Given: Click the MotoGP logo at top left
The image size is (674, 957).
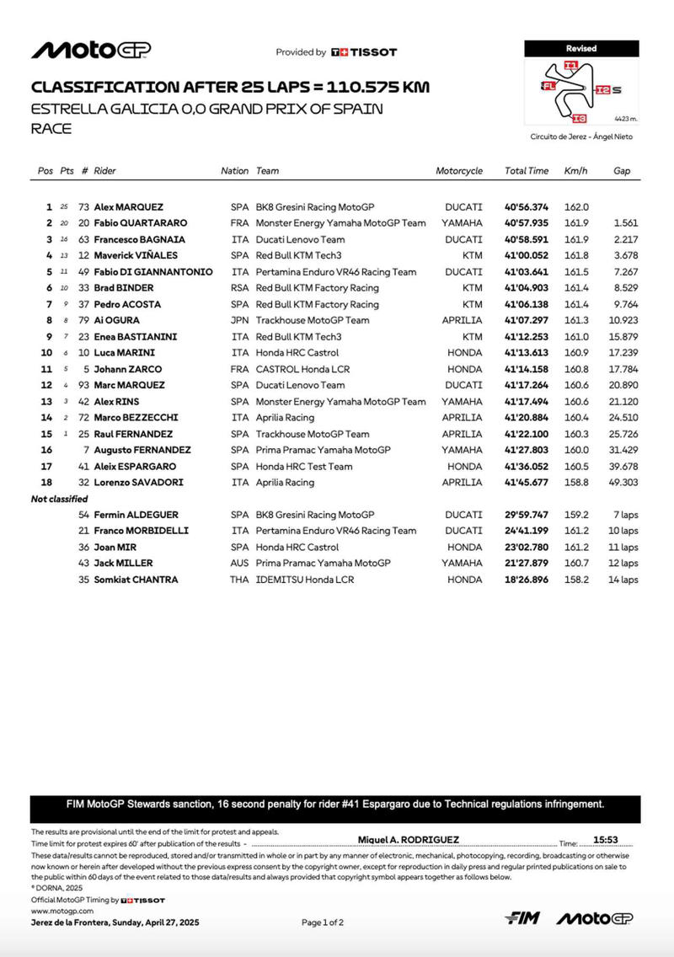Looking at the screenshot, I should [x=91, y=51].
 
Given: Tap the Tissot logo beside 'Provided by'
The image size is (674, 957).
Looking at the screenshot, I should [x=363, y=52].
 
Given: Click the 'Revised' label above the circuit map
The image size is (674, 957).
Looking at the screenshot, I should [x=581, y=49].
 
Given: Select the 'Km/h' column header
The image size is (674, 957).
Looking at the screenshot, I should [x=575, y=171].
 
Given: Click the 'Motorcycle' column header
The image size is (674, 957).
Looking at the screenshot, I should [x=459, y=171].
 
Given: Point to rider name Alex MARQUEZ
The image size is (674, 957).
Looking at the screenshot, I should [x=129, y=207].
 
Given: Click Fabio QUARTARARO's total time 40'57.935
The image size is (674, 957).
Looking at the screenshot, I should [x=527, y=223].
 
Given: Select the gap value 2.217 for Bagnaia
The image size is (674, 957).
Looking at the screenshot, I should [x=626, y=239].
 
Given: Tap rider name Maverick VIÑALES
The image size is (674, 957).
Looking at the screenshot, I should [x=131, y=255].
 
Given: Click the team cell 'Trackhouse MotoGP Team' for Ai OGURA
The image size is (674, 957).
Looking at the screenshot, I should [x=313, y=320].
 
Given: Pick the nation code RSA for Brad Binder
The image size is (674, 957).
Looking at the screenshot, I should [x=239, y=288].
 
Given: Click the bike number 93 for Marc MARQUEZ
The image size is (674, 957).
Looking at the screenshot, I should [x=83, y=386].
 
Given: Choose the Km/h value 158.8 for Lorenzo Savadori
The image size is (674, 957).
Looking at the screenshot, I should [x=576, y=483].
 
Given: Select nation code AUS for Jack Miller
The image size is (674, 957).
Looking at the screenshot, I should [x=239, y=564].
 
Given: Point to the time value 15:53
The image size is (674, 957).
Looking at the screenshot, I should [x=606, y=840].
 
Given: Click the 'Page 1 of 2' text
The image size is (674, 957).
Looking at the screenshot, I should [x=323, y=922].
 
